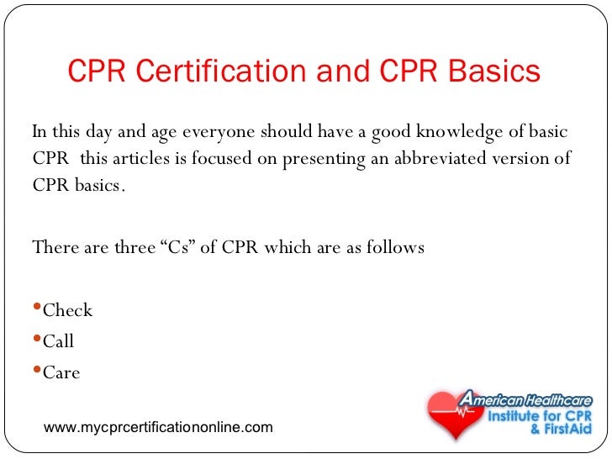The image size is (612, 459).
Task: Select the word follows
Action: pos(395,248)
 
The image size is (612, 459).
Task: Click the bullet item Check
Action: pos(67,310)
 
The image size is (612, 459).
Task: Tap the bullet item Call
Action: pos(58,341)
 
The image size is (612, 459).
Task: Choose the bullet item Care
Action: pos(61,372)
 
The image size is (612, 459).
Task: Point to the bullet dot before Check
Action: pos(36,309)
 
